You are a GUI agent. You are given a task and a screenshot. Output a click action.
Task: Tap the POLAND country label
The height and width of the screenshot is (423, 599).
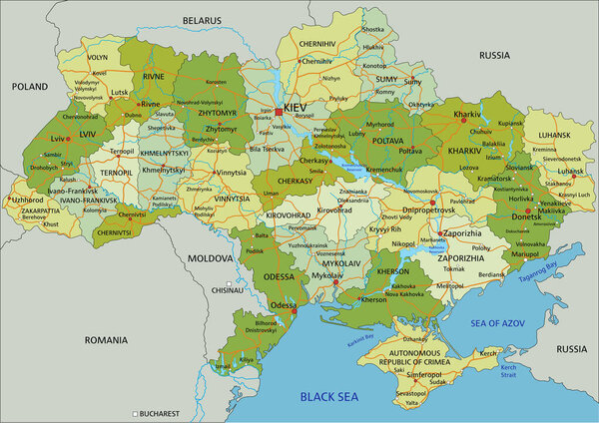(29, 87)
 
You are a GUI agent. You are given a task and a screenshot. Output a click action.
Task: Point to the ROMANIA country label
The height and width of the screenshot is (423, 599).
(106, 339)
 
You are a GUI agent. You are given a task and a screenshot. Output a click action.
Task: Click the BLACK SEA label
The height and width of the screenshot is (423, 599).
(329, 397)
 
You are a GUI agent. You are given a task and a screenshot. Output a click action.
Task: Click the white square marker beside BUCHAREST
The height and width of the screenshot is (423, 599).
(135, 413)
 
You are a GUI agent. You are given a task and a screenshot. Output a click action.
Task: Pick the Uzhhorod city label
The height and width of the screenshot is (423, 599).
(27, 199)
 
